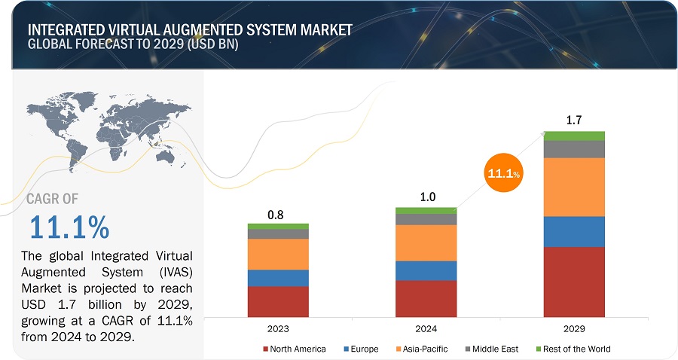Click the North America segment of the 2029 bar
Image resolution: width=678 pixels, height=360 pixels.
[x=574, y=281]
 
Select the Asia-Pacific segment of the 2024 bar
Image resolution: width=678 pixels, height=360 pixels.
[x=426, y=243]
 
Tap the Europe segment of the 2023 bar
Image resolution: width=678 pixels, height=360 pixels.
[x=278, y=277]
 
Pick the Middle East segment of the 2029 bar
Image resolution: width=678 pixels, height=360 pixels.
[x=574, y=149]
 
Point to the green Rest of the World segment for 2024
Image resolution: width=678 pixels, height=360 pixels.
[x=426, y=210]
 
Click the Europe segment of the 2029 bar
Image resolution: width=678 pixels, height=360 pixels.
[x=574, y=231]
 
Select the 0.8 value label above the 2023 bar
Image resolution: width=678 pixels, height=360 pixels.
[x=276, y=215]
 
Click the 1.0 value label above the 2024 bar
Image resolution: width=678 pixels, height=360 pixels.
[x=426, y=197]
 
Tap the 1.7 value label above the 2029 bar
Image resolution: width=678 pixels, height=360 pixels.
[x=574, y=120]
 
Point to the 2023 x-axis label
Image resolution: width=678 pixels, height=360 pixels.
[x=277, y=329]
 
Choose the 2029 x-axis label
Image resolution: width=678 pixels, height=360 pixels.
[x=573, y=329]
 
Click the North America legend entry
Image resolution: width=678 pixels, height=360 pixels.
[x=295, y=349]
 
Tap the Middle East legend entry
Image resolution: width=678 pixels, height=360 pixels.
[x=493, y=349]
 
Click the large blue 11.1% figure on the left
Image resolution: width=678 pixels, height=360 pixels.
[x=69, y=227]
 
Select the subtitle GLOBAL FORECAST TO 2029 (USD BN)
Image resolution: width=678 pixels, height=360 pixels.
[x=136, y=44]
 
